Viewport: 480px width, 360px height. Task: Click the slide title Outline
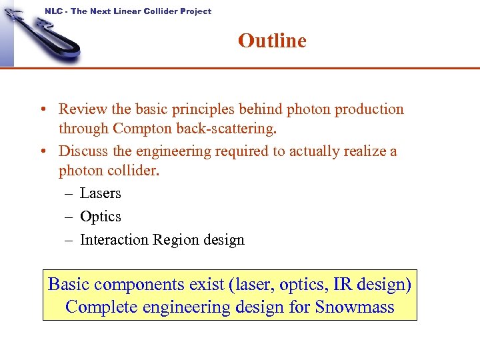(x=272, y=41)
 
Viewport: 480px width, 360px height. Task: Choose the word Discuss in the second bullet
(x=83, y=151)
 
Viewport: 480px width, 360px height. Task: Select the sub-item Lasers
(x=100, y=193)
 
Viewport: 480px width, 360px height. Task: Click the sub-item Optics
(x=100, y=217)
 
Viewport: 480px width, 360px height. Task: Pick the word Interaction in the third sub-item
(x=114, y=240)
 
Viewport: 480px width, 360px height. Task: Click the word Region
(x=176, y=240)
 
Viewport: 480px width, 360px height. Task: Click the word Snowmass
(x=355, y=307)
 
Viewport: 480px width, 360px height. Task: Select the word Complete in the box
(x=99, y=307)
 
